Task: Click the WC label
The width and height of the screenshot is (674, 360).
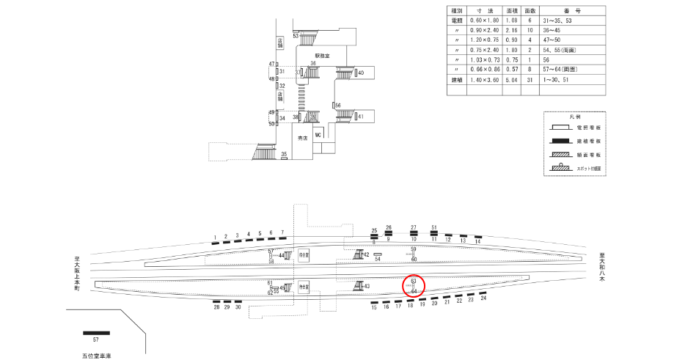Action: tap(318, 136)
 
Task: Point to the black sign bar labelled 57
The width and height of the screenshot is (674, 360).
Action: tap(96, 334)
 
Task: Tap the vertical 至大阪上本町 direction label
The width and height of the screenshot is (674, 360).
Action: tap(76, 273)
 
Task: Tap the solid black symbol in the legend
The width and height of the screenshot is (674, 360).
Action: tap(564, 141)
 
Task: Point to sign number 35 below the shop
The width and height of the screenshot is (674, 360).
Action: tap(284, 154)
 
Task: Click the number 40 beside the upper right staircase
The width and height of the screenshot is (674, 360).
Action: tap(362, 73)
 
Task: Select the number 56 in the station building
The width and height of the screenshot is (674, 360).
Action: tap(338, 106)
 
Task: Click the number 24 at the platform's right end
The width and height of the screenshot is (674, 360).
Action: tap(483, 298)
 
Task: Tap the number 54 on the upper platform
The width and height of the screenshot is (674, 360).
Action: tap(378, 259)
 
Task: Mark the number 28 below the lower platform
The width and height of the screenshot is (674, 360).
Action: tap(217, 308)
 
